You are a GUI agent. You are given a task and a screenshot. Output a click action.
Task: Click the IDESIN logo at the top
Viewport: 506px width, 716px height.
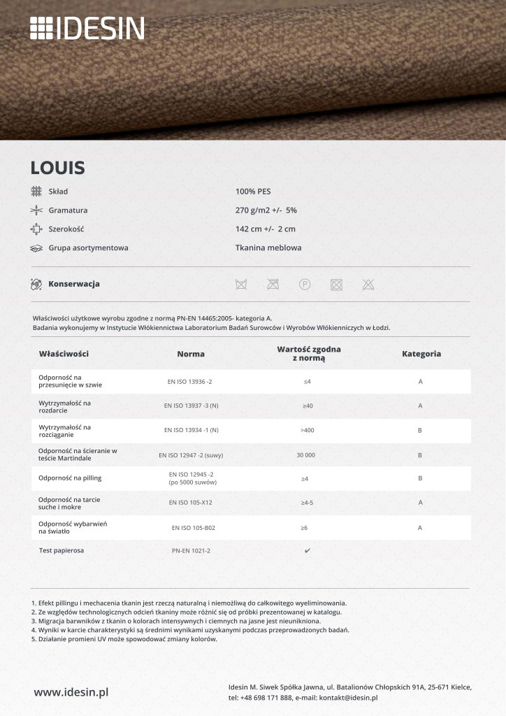click(87, 29)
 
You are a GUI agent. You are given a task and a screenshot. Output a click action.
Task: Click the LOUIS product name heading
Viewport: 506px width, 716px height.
click(57, 168)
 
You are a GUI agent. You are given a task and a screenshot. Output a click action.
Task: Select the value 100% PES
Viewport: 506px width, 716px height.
click(253, 191)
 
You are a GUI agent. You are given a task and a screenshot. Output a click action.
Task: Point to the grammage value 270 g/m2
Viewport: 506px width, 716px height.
click(266, 210)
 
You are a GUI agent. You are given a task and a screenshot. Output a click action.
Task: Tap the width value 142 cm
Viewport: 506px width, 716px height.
click(266, 229)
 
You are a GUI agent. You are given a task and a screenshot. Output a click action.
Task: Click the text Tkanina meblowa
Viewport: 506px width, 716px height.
click(268, 248)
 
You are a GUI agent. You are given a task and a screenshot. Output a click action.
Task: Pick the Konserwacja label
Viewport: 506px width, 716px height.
click(74, 284)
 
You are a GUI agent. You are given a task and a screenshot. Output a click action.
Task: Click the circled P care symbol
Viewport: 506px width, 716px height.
click(305, 284)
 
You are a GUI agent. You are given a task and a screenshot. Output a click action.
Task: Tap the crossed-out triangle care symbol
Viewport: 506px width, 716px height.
click(368, 284)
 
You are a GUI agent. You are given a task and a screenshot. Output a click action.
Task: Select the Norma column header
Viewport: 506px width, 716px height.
click(191, 354)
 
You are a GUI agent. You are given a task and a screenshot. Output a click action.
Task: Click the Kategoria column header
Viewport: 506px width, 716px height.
click(421, 354)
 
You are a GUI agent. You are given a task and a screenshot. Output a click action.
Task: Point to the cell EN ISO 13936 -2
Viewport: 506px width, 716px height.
click(189, 382)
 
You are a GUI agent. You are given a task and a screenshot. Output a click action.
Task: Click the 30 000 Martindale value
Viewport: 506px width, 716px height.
click(306, 455)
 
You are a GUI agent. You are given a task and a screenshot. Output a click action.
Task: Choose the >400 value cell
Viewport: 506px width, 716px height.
click(307, 430)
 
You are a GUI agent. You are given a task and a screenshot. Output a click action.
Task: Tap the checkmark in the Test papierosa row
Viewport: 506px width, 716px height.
click(308, 551)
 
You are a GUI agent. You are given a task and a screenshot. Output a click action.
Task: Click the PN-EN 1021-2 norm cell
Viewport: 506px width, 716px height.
click(191, 551)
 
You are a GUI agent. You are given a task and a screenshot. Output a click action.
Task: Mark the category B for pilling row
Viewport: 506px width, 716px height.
click(420, 479)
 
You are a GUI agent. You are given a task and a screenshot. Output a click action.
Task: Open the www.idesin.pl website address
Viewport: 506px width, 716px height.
click(71, 692)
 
